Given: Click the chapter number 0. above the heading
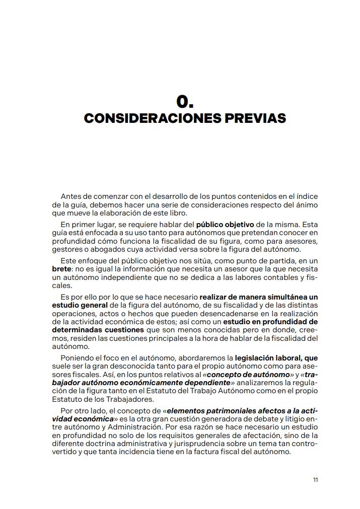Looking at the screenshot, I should pyautogui.click(x=185, y=101).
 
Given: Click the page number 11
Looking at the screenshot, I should pyautogui.click(x=315, y=480).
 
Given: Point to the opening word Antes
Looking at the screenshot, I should pyautogui.click(x=70, y=196).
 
